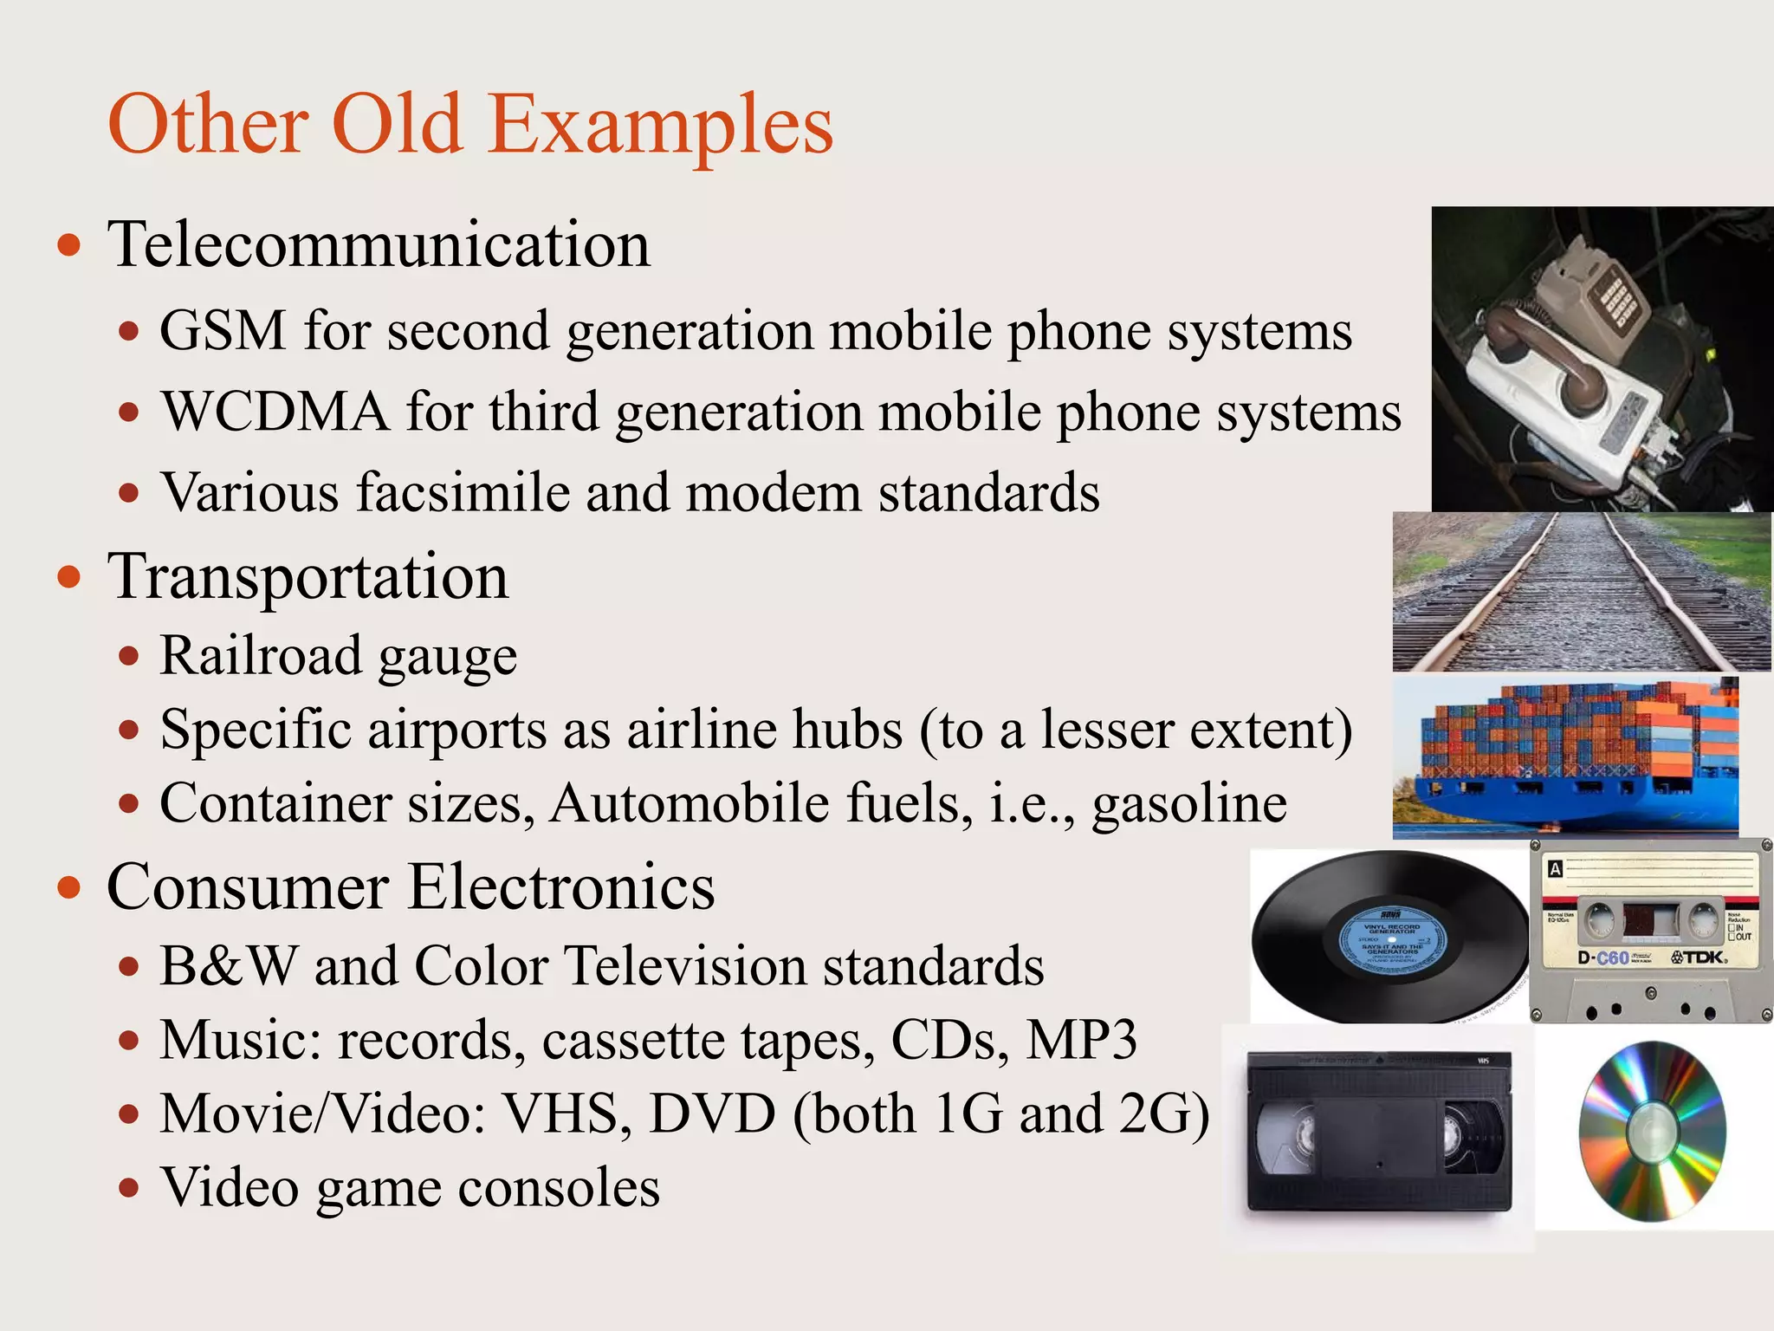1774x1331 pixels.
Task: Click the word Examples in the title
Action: [x=660, y=126]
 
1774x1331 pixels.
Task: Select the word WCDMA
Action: [x=275, y=412]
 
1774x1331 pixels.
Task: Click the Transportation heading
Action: [x=308, y=577]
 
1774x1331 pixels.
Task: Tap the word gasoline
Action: [x=1188, y=804]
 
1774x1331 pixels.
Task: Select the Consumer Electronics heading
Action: [x=411, y=887]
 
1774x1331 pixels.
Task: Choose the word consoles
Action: [x=559, y=1188]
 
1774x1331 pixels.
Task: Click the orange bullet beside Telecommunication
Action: [x=69, y=246]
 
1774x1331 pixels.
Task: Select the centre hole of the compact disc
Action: [x=1652, y=1132]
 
